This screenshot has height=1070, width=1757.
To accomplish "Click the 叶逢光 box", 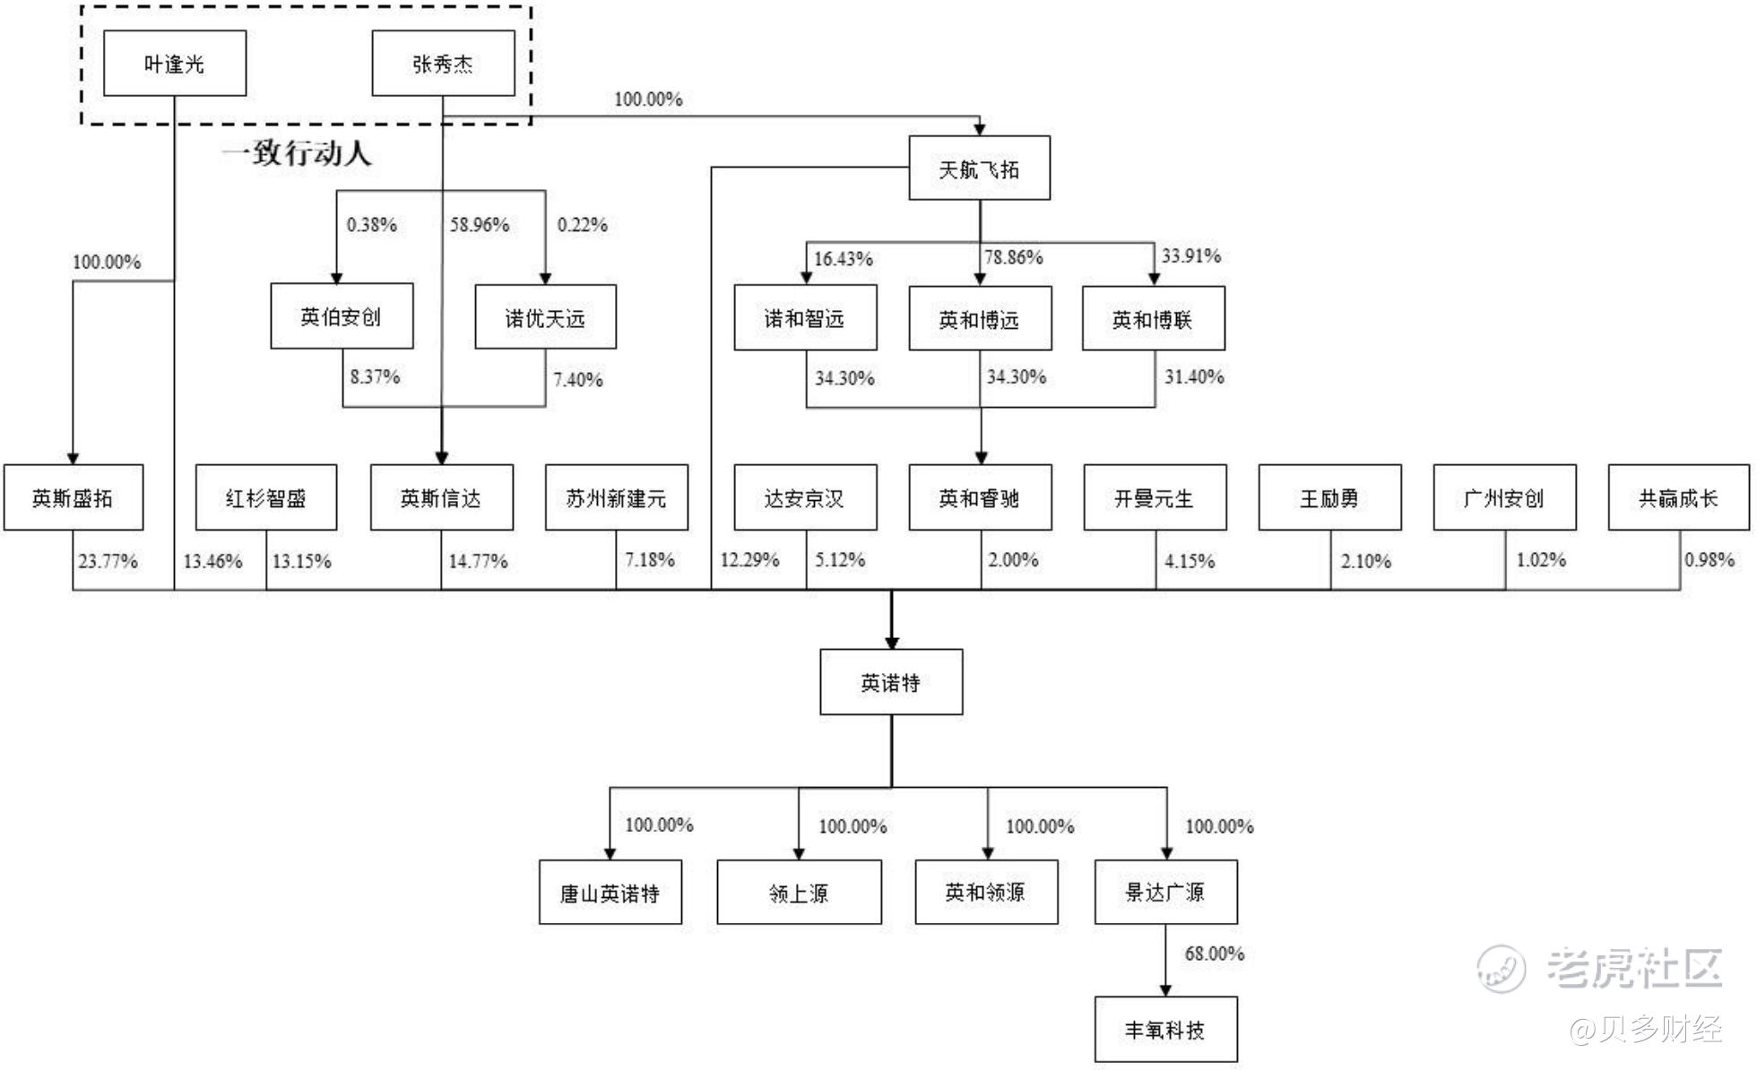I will pos(175,64).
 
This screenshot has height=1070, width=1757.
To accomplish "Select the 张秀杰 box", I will pos(443,64).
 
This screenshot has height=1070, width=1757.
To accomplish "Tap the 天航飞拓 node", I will pos(979,168).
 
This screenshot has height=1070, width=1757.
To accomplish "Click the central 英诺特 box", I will pos(891,683).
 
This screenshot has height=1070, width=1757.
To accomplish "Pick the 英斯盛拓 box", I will pos(73,498).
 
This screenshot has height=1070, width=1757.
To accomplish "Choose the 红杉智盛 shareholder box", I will pos(266,498).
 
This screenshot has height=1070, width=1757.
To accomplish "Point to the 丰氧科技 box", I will pos(1165,1030).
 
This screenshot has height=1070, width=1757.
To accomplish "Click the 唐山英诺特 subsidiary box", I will pos(610,893).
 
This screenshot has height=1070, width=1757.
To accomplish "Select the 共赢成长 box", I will pos(1678,498).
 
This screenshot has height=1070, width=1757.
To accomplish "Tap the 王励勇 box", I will pos(1329,498).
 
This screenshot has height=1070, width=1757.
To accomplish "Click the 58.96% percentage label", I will pos(480,225).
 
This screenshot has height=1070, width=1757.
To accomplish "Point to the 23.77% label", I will pos(108,562).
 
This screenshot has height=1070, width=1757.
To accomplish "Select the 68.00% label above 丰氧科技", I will pos(1215,954).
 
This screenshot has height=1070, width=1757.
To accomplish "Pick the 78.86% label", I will pos(1014,258).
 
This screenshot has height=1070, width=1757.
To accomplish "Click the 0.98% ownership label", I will pos(1709,560).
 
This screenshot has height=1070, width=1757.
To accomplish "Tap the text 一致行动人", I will pos(297,153).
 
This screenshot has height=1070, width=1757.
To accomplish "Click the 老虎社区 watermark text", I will pos(1633,968).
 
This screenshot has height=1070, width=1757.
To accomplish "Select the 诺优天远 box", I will pos(545,317).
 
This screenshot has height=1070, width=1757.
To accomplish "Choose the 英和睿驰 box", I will pos(979,498).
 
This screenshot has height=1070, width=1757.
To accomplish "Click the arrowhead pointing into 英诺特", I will pos(891,642).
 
